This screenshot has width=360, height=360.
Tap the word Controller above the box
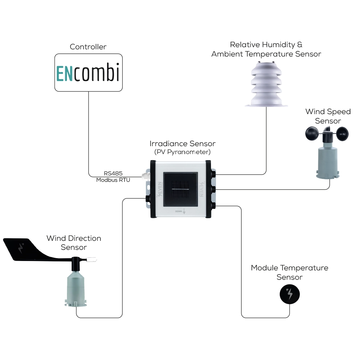[88, 47]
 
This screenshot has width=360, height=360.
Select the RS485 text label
[113, 174]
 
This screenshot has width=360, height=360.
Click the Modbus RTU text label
[113, 180]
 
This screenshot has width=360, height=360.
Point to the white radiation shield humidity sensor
[266, 85]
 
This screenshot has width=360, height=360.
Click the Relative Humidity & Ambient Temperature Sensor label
[266, 49]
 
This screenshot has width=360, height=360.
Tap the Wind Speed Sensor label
[328, 116]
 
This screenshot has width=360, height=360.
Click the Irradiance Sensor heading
[183, 144]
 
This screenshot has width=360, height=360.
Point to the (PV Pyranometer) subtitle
[183, 152]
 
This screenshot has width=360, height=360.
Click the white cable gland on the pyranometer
[145, 175]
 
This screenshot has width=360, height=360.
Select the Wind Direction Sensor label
[74, 243]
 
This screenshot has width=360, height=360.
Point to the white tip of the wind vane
[94, 258]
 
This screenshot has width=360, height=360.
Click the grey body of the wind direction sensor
[76, 288]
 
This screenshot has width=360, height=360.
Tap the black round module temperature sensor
[290, 294]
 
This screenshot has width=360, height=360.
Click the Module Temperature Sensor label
[289, 273]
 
